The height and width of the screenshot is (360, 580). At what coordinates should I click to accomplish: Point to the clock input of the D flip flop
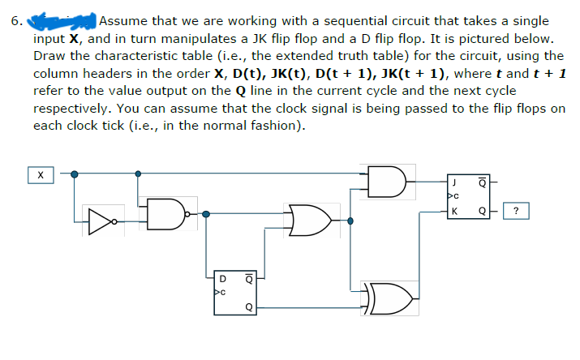pyautogui.click(x=217, y=290)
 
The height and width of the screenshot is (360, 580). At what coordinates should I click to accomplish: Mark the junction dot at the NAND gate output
pyautogui.click(x=206, y=214)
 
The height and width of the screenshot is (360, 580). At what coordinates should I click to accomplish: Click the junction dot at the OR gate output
pyautogui.click(x=350, y=221)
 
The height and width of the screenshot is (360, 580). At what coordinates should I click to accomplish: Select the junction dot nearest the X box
pyautogui.click(x=75, y=174)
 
